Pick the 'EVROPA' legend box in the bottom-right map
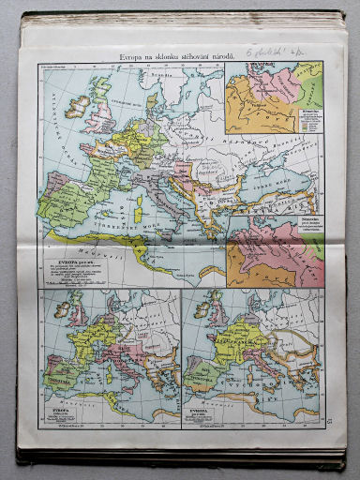click(204, 412)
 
